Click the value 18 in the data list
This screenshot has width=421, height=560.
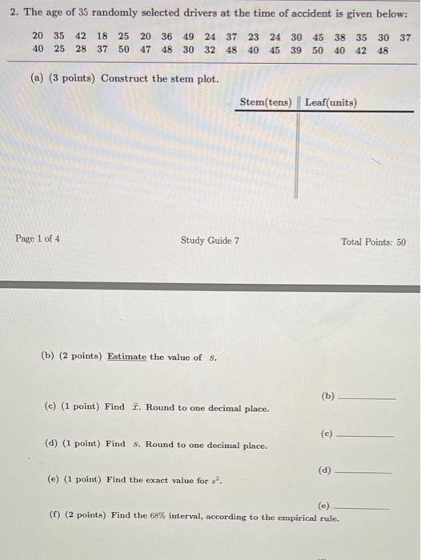point(102,36)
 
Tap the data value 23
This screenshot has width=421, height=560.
point(253,36)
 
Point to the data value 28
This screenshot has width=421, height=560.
point(81,50)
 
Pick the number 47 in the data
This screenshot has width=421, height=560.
point(145,50)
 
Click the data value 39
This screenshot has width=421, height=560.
point(296,50)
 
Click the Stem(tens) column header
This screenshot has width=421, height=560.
point(265,102)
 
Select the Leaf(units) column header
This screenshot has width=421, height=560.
point(331,102)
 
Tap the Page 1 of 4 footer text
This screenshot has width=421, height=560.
point(37,238)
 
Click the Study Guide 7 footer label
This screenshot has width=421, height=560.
point(210,240)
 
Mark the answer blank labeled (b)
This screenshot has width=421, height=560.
point(367,397)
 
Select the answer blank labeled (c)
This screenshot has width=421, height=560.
point(366,434)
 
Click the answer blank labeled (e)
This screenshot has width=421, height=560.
point(362,507)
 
